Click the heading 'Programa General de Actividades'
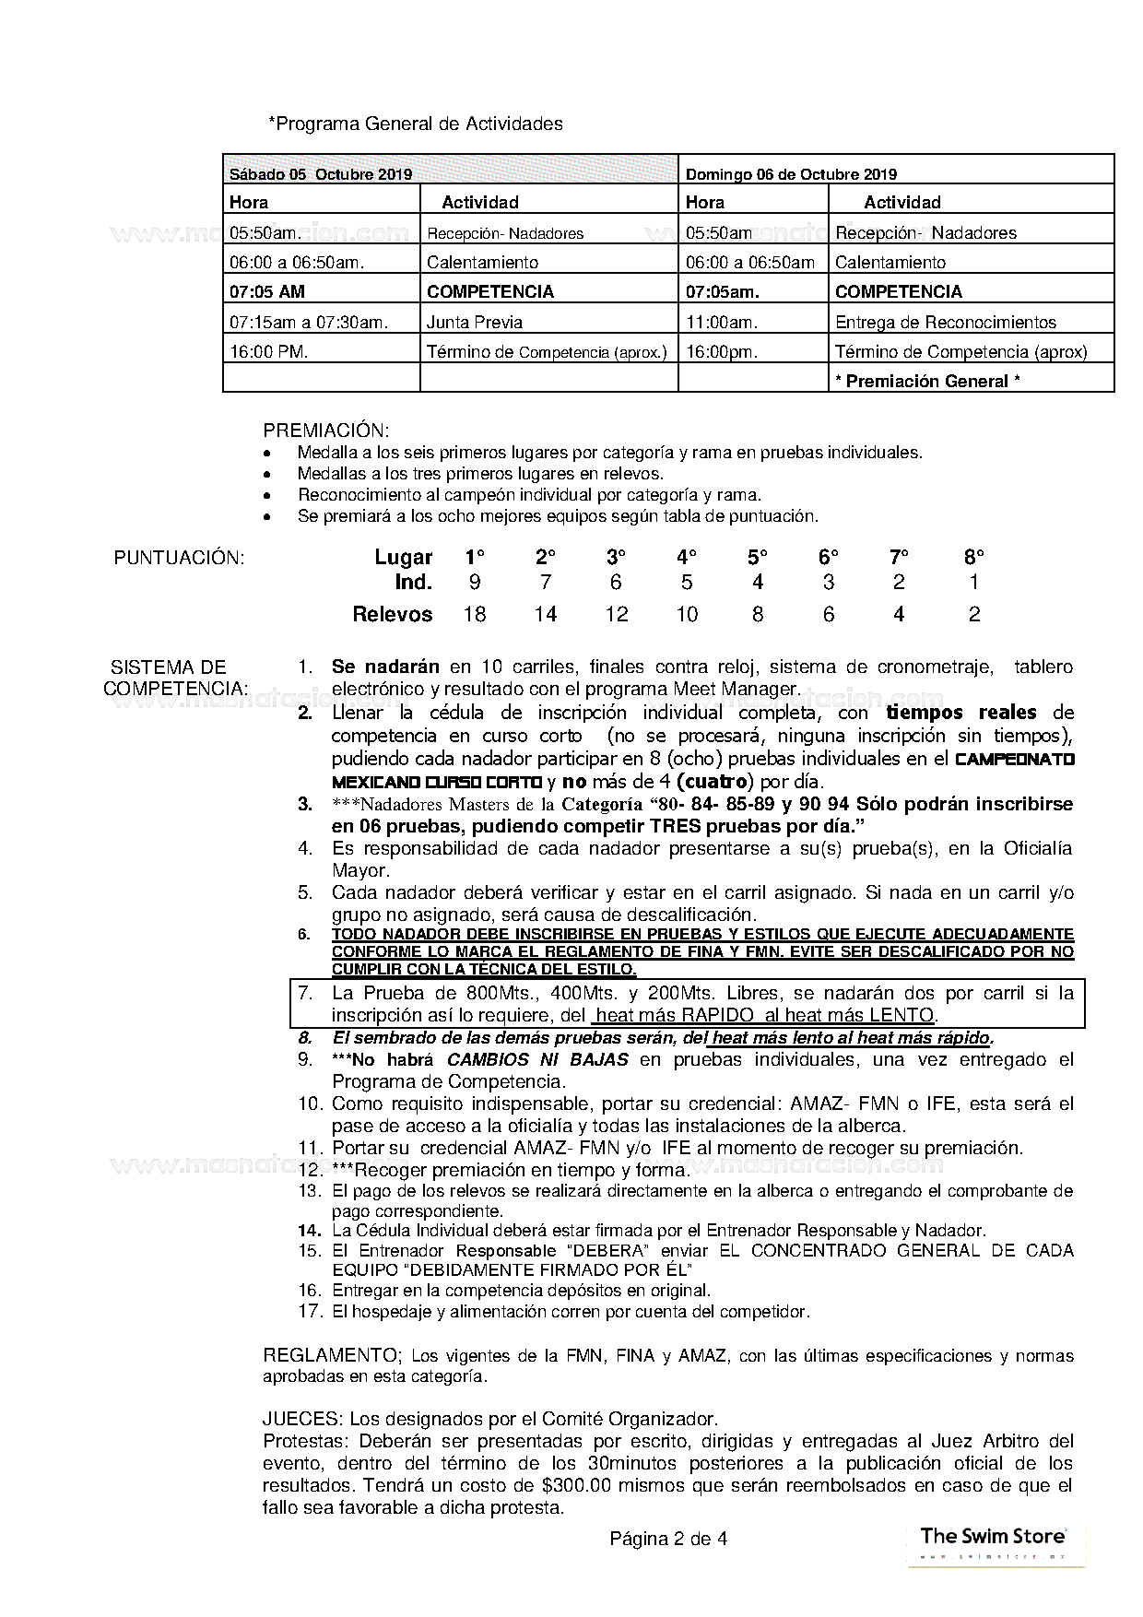(x=418, y=124)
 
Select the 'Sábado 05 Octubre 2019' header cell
(x=321, y=174)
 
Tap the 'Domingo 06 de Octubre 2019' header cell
(x=791, y=174)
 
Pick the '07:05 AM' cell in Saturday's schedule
(x=267, y=292)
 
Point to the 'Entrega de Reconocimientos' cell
(x=945, y=322)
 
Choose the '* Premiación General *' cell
(x=927, y=381)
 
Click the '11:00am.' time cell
(x=722, y=322)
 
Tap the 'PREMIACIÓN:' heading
(x=326, y=431)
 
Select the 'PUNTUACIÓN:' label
(x=179, y=558)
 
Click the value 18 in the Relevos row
(x=475, y=614)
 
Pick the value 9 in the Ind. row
(x=475, y=583)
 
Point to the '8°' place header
(x=974, y=557)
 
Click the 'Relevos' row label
(x=393, y=614)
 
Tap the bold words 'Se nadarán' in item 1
(x=385, y=667)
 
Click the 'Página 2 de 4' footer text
(x=668, y=1539)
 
